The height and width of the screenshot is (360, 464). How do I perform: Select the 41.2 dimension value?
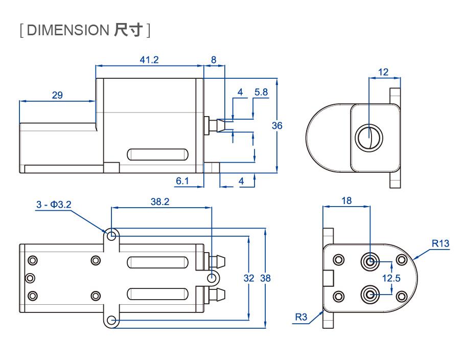pos(149,60)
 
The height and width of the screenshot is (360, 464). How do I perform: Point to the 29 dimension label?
pos(57,95)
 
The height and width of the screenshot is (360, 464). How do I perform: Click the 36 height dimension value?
pos(276,125)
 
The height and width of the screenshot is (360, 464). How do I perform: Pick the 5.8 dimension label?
pos(261,92)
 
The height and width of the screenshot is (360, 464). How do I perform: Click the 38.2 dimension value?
pos(160,201)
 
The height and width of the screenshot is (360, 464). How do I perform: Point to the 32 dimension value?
pos(249,278)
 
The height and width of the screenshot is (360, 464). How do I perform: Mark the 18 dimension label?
pos(346,201)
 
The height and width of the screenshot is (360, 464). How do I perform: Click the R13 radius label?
pos(440,243)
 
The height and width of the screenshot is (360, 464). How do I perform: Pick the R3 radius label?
pos(301,317)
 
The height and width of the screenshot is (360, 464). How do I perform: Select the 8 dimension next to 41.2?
pos(214,60)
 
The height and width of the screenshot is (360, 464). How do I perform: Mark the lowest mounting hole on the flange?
pos(112,321)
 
